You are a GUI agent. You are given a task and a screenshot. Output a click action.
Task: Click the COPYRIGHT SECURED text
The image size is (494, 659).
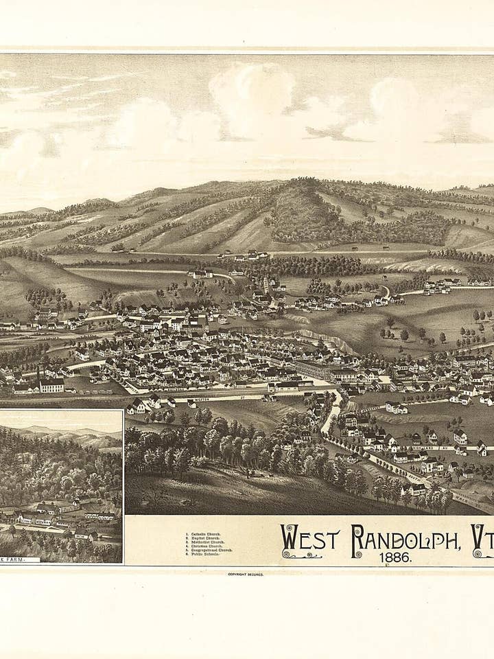pyautogui.click(x=245, y=574)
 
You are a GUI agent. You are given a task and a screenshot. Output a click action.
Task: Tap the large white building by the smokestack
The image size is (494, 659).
pyautogui.click(x=51, y=385)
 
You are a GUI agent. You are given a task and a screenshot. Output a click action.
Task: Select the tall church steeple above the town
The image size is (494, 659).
pyautogui.click(x=266, y=283)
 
